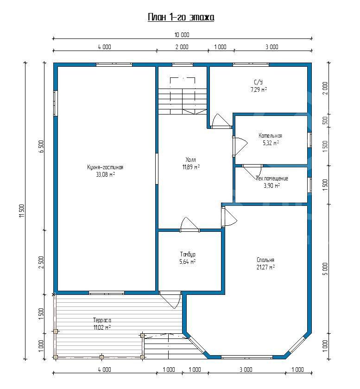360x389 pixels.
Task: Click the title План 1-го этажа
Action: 181,18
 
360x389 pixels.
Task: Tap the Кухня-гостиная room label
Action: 105,167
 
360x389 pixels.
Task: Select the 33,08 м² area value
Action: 105,174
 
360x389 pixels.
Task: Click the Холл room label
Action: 191,159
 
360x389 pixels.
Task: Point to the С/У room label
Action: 259,82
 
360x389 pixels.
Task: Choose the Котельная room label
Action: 270,136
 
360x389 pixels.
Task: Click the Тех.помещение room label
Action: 272,179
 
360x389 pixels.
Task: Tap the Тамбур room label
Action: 188,254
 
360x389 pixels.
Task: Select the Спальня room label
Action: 265,260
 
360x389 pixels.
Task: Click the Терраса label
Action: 102,320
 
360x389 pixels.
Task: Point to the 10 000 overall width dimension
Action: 182,35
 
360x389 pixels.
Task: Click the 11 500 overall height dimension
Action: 22,211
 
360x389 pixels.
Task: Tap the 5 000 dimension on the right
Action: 325,269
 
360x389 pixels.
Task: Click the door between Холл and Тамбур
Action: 189,225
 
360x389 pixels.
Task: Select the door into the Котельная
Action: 240,147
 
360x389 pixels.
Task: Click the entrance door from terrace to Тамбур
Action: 171,300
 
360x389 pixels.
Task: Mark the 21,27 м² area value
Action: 265,267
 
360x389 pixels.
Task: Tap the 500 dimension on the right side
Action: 325,121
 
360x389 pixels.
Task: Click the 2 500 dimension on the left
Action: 41,262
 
